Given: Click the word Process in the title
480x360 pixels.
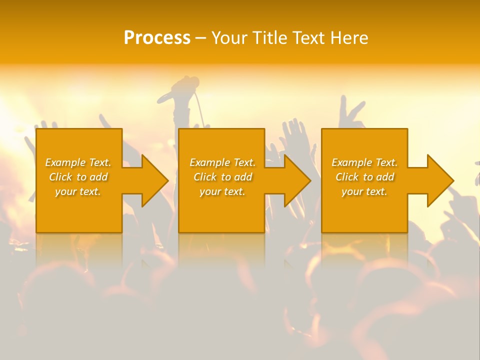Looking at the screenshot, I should [x=157, y=38].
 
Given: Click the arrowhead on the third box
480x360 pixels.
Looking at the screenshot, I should [x=439, y=180].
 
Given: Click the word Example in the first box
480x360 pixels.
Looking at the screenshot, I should [x=65, y=162].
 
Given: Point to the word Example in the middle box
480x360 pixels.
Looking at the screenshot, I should [x=209, y=162].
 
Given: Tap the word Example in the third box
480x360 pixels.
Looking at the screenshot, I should [x=351, y=162].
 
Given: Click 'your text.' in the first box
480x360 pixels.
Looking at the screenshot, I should [x=78, y=191].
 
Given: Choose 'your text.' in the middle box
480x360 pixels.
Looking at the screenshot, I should [x=222, y=191].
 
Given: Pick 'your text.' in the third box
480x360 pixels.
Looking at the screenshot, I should [x=364, y=191].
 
